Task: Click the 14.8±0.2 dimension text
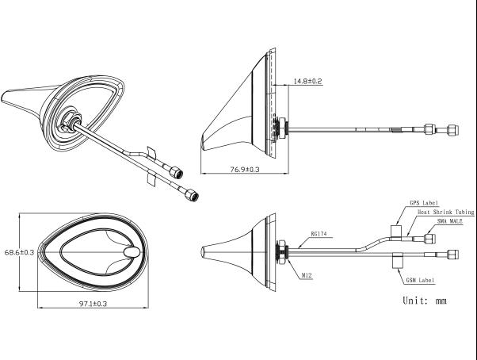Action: (307, 81)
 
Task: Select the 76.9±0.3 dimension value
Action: (245, 170)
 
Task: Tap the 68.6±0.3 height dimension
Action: (19, 252)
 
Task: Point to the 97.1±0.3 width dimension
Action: (93, 304)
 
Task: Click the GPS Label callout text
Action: (423, 203)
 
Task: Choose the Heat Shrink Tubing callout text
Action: (445, 212)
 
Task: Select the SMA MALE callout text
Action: (449, 221)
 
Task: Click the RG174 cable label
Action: (319, 234)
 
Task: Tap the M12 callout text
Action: (307, 276)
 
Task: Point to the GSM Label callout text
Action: (420, 280)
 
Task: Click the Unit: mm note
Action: (425, 301)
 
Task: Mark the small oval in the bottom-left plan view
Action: (132, 251)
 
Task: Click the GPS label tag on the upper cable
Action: (395, 231)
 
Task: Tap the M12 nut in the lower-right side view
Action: (282, 252)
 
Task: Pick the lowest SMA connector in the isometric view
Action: (192, 195)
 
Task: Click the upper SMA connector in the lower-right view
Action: (429, 238)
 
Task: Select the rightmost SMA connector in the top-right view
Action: (452, 130)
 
